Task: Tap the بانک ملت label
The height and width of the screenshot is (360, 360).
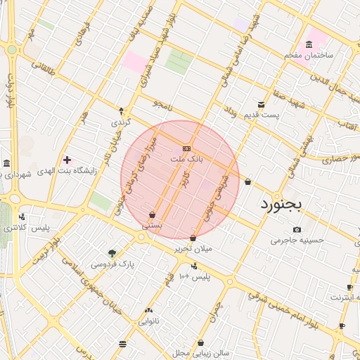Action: coord(187,160)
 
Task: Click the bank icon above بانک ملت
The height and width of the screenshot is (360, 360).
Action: coord(186,148)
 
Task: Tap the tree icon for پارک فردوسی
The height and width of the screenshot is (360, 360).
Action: coord(112,253)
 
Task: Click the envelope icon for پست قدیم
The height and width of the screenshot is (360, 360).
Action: coord(262,104)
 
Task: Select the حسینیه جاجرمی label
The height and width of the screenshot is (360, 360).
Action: coord(298,240)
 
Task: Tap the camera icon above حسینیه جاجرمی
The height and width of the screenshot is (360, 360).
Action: coord(297,230)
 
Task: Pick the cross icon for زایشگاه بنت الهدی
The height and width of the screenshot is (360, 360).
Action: coord(67,160)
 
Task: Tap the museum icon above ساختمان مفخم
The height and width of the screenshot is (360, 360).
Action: coord(309,44)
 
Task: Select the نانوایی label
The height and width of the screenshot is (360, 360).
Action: coord(148,321)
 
